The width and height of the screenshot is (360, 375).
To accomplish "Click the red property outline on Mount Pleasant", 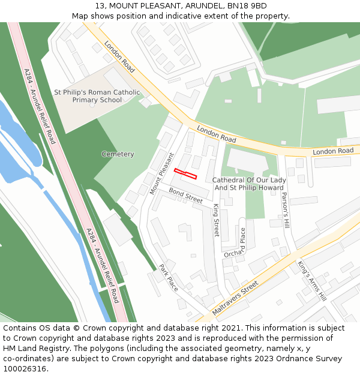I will click(x=185, y=174).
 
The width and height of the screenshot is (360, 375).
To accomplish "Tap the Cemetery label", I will click(x=118, y=154).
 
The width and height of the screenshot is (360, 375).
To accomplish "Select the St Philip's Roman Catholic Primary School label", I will click(x=97, y=96).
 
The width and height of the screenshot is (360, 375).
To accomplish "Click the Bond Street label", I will click(x=185, y=195).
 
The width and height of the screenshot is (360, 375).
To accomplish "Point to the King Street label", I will click(x=217, y=219).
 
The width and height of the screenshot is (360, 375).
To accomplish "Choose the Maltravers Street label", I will click(x=235, y=292).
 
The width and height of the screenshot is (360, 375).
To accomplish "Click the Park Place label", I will click(x=169, y=278).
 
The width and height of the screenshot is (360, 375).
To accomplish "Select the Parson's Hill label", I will click(x=286, y=210).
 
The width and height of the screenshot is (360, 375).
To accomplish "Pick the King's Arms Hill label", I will click(x=311, y=280).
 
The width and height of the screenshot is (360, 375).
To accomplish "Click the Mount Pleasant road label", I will click(x=161, y=173).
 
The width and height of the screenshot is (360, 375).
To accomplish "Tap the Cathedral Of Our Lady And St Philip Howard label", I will click(x=249, y=184).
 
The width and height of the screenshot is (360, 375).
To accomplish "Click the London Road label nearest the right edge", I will click(x=333, y=151).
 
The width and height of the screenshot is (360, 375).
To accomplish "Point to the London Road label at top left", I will click(x=119, y=57).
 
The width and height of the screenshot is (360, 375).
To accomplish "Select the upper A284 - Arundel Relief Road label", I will click(x=40, y=106).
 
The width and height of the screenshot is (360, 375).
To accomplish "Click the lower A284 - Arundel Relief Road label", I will click(x=102, y=265).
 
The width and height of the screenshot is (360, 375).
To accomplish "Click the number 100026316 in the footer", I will click(x=25, y=369).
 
